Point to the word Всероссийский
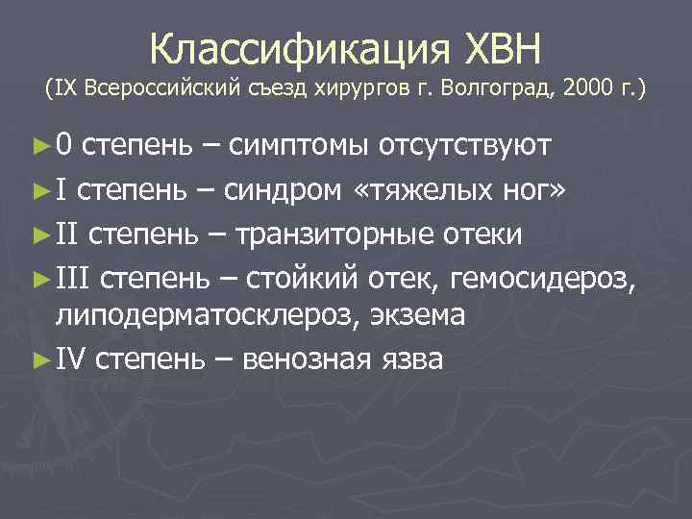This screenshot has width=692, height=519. point(152,90)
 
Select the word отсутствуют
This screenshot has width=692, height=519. point(465,146)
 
